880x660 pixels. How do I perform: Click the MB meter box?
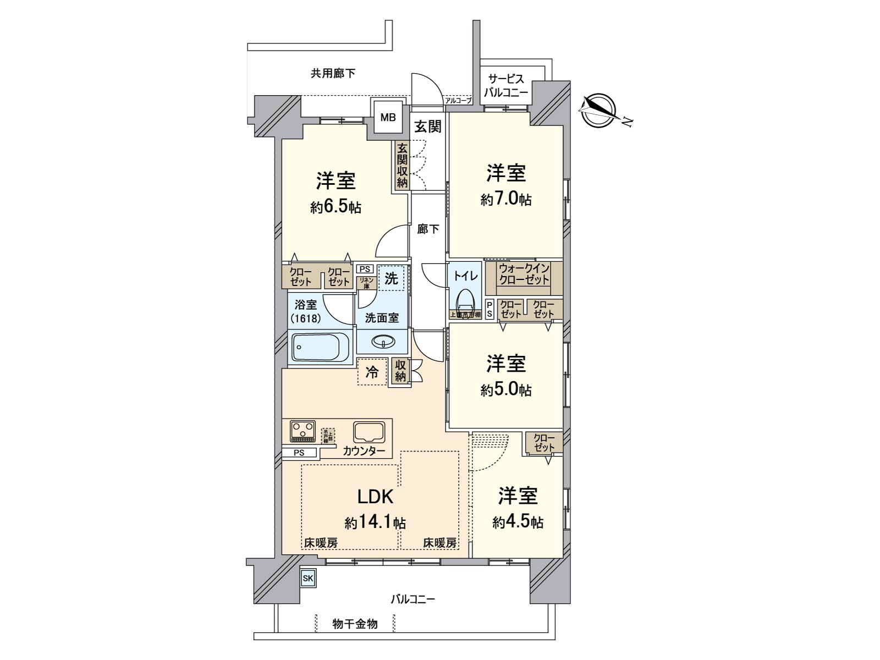coord(389,117)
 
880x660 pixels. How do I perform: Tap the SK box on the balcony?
coord(307,578)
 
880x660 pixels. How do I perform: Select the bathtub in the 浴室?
coord(321,346)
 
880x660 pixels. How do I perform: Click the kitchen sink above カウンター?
coord(369,432)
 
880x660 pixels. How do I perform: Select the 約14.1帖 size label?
coord(376,521)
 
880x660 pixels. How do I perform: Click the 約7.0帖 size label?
coord(505,199)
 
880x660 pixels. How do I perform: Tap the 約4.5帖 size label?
coord(518,521)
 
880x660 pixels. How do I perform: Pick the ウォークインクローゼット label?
coord(524,273)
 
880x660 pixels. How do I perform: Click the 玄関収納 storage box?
coord(402,166)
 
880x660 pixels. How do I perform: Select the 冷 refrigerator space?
coord(372,372)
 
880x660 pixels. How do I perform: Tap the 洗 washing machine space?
coord(391,278)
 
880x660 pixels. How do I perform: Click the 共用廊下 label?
coord(333,73)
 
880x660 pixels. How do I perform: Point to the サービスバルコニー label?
coord(505,86)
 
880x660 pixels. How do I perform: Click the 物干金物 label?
coord(355,624)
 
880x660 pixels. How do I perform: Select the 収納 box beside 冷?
coord(400,372)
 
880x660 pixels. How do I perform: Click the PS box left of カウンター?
coord(299,453)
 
